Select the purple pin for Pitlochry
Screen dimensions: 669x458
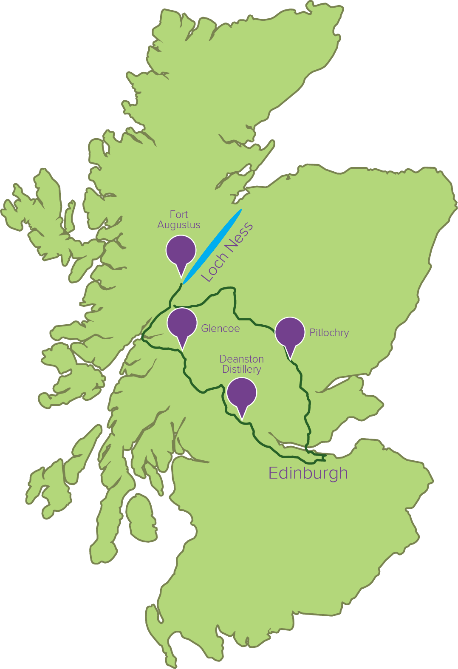point(290,332)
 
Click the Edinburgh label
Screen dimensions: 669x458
point(308,473)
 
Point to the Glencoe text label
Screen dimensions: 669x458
point(220,329)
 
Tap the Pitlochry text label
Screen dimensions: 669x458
point(329,333)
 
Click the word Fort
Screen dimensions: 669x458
point(179,215)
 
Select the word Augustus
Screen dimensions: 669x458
point(179,225)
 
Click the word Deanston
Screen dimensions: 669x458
point(241,359)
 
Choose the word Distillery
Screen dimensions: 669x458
point(241,369)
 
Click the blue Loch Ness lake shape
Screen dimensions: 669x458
point(212,246)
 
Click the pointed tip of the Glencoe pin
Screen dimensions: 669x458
point(183,350)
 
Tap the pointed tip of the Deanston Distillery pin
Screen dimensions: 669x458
point(242,419)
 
